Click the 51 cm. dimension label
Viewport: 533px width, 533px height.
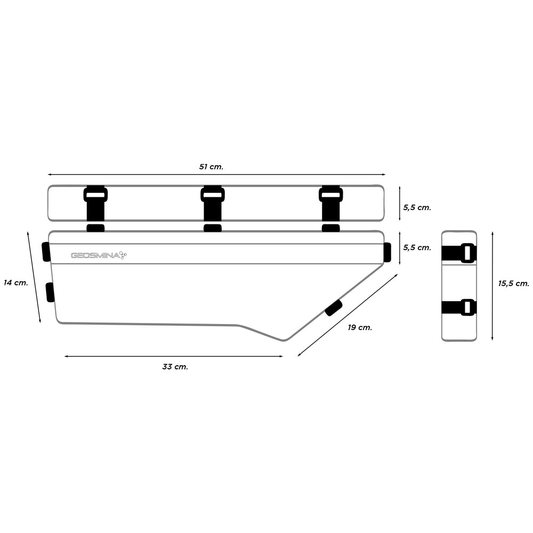pyautogui.click(x=211, y=167)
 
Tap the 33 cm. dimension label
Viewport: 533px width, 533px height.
pyautogui.click(x=175, y=367)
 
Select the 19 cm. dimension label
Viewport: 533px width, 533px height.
pyautogui.click(x=360, y=327)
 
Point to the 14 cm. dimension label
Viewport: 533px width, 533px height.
pyautogui.click(x=16, y=282)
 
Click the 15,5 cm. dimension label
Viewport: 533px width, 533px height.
pyautogui.click(x=514, y=284)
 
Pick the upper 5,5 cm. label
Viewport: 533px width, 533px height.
pyautogui.click(x=417, y=207)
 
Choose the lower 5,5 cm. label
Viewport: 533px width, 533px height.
pyautogui.click(x=417, y=247)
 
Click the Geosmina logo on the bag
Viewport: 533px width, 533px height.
pyautogui.click(x=99, y=255)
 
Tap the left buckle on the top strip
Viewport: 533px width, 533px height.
pyautogui.click(x=95, y=195)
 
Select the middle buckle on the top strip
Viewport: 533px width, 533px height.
pyautogui.click(x=213, y=195)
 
